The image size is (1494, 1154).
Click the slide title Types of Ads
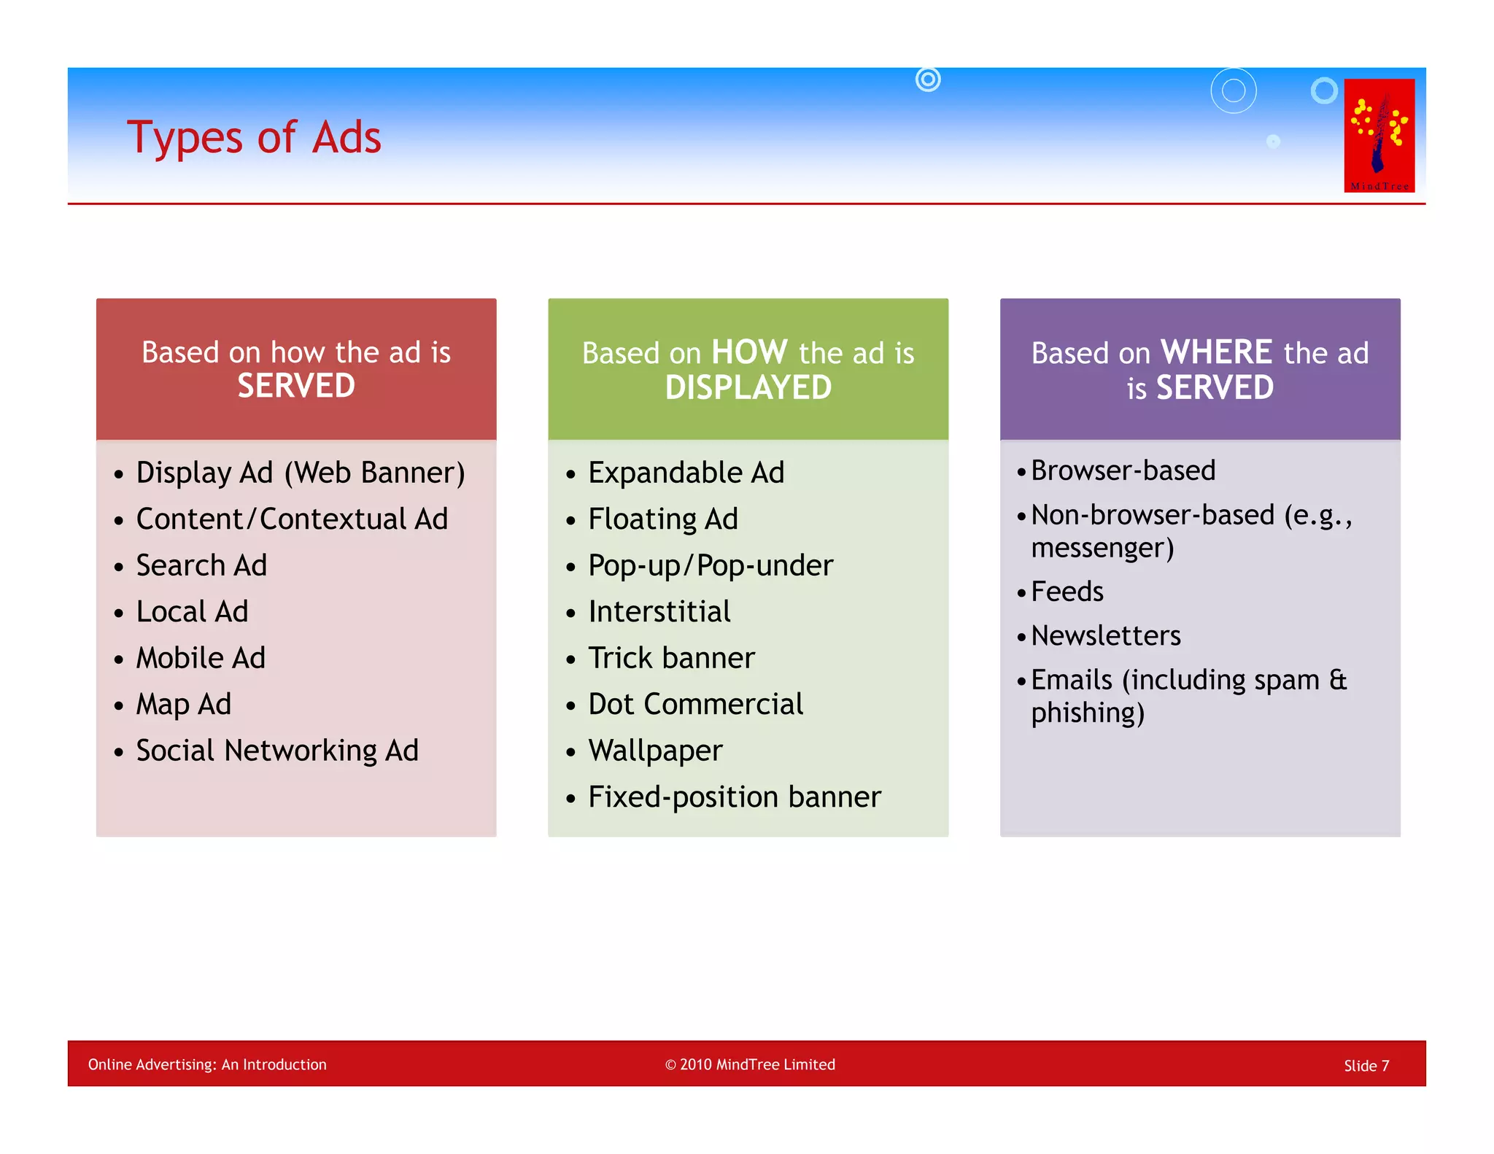(x=254, y=137)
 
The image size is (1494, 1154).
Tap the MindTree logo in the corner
(x=1379, y=136)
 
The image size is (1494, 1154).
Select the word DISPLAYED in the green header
(x=748, y=387)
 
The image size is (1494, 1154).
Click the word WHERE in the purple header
(x=1216, y=352)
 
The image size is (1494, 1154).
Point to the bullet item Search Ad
(x=201, y=565)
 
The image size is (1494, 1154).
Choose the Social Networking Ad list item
(x=277, y=751)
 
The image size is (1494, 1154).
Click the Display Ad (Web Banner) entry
(x=300, y=473)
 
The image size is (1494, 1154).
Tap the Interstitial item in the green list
(x=659, y=611)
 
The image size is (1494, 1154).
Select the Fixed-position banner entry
(x=734, y=797)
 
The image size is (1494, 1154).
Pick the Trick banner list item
(x=671, y=658)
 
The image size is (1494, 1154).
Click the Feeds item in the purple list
(x=1067, y=592)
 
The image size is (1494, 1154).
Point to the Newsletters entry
(x=1105, y=635)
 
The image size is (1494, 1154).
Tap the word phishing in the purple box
(x=1087, y=713)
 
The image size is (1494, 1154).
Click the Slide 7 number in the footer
(x=1366, y=1066)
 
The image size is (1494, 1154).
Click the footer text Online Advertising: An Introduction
(x=207, y=1064)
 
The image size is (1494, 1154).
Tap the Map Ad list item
(x=183, y=705)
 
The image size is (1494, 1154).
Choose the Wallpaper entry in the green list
(x=655, y=751)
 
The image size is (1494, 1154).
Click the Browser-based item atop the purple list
(x=1123, y=470)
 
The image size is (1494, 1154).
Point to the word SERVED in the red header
(x=296, y=386)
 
